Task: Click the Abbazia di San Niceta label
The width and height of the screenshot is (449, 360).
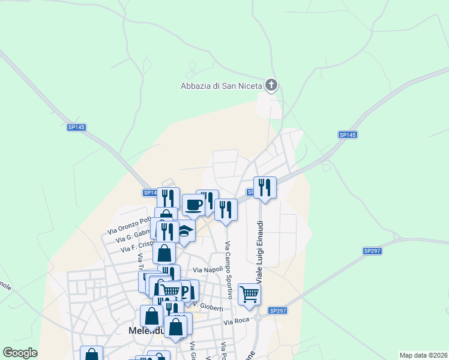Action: click(x=221, y=86)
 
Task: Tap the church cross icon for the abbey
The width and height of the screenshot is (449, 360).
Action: click(x=271, y=85)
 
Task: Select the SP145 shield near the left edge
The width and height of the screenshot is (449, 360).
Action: click(x=77, y=127)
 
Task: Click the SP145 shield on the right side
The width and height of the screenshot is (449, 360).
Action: click(x=348, y=135)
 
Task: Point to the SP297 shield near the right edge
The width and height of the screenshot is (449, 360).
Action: click(x=372, y=251)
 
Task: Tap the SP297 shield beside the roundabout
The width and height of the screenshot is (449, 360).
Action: click(x=278, y=310)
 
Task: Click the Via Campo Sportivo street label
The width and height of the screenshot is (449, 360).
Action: click(x=228, y=270)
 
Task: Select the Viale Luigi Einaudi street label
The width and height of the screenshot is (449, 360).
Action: click(x=261, y=252)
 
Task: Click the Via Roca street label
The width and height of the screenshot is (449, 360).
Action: click(x=236, y=322)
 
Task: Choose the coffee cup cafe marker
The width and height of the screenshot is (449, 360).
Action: click(x=193, y=205)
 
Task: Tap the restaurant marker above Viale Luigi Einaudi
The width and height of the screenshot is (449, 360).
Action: click(x=264, y=188)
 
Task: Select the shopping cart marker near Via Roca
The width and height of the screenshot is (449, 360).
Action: click(x=249, y=294)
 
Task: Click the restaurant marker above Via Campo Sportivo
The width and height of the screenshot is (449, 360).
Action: click(x=226, y=209)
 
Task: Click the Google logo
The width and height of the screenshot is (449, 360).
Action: click(x=20, y=353)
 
